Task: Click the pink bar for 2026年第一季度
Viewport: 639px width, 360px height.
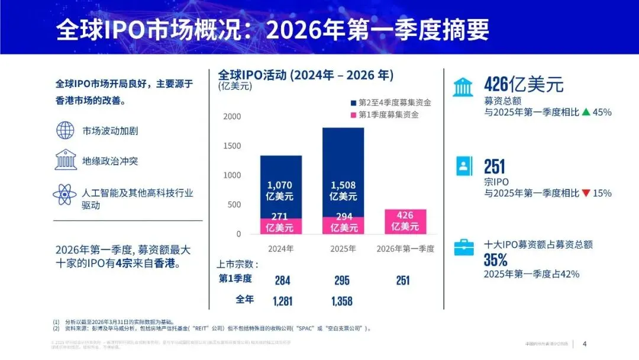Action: point(401,221)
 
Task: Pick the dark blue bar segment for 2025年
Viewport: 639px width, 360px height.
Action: point(343,172)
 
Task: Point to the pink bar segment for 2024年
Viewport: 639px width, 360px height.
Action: point(281,226)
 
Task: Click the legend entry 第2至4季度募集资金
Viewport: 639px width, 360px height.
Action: point(390,102)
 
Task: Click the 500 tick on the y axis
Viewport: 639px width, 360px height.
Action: point(234,205)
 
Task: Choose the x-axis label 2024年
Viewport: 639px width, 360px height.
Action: point(281,249)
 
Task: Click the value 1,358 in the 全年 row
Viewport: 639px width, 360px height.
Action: point(342,301)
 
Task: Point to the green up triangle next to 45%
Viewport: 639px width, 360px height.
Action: point(586,112)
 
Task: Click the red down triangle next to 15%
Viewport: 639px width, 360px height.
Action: point(586,193)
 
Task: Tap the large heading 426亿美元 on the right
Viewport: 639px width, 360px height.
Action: point(524,85)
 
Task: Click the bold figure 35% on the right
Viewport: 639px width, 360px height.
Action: point(496,260)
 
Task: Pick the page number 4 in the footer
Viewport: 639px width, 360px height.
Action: point(585,343)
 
